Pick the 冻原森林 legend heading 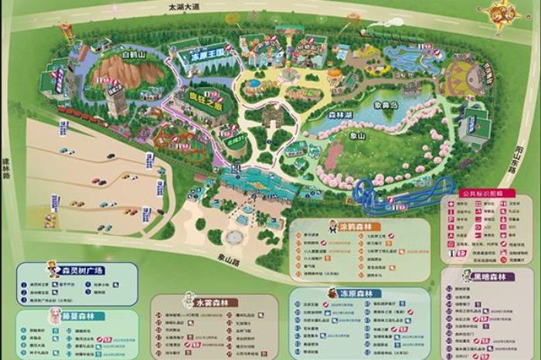coord(355,294)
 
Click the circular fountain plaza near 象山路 coord(234,236)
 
